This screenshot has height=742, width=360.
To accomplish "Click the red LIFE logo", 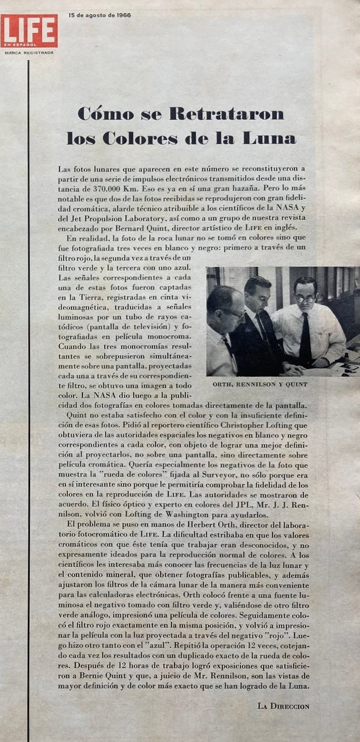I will point(29,31).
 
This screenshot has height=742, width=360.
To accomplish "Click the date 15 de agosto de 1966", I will point(99,16).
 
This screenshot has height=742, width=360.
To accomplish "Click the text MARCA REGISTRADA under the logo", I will point(29,52).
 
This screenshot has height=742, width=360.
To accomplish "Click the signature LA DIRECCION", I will point(283,706).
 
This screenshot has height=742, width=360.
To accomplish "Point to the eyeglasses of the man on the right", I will point(305,298).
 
